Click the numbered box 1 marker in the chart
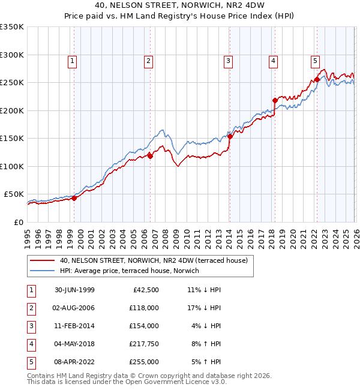(x=72, y=60)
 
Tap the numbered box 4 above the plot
(x=273, y=60)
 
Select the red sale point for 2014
(x=230, y=136)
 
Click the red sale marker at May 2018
(x=274, y=100)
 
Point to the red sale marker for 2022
(x=316, y=79)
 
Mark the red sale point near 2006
(x=150, y=156)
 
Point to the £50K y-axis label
(x=13, y=194)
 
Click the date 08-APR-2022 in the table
(x=74, y=362)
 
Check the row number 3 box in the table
(x=31, y=326)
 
